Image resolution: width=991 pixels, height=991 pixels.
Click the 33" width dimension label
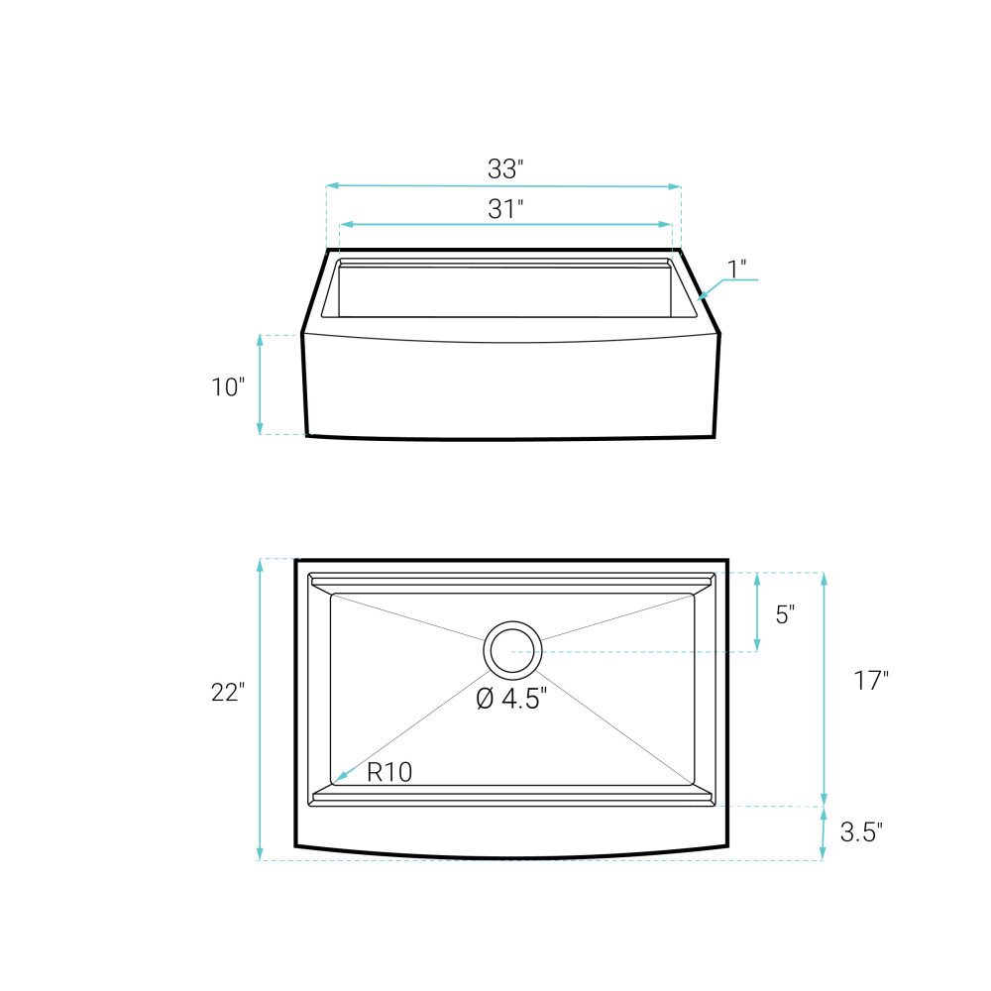click(x=505, y=168)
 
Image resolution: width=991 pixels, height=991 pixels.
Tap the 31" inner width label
click(x=505, y=208)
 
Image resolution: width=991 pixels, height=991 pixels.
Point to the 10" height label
click(x=228, y=386)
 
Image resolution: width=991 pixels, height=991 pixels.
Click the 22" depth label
click(x=228, y=692)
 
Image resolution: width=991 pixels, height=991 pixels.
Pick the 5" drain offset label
click(x=785, y=613)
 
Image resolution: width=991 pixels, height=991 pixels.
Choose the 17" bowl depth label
click(x=871, y=680)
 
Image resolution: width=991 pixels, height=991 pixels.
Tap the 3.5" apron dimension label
click(x=861, y=831)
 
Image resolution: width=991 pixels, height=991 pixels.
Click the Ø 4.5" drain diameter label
click(x=511, y=699)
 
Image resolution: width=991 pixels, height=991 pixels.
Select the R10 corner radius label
click(x=389, y=772)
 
